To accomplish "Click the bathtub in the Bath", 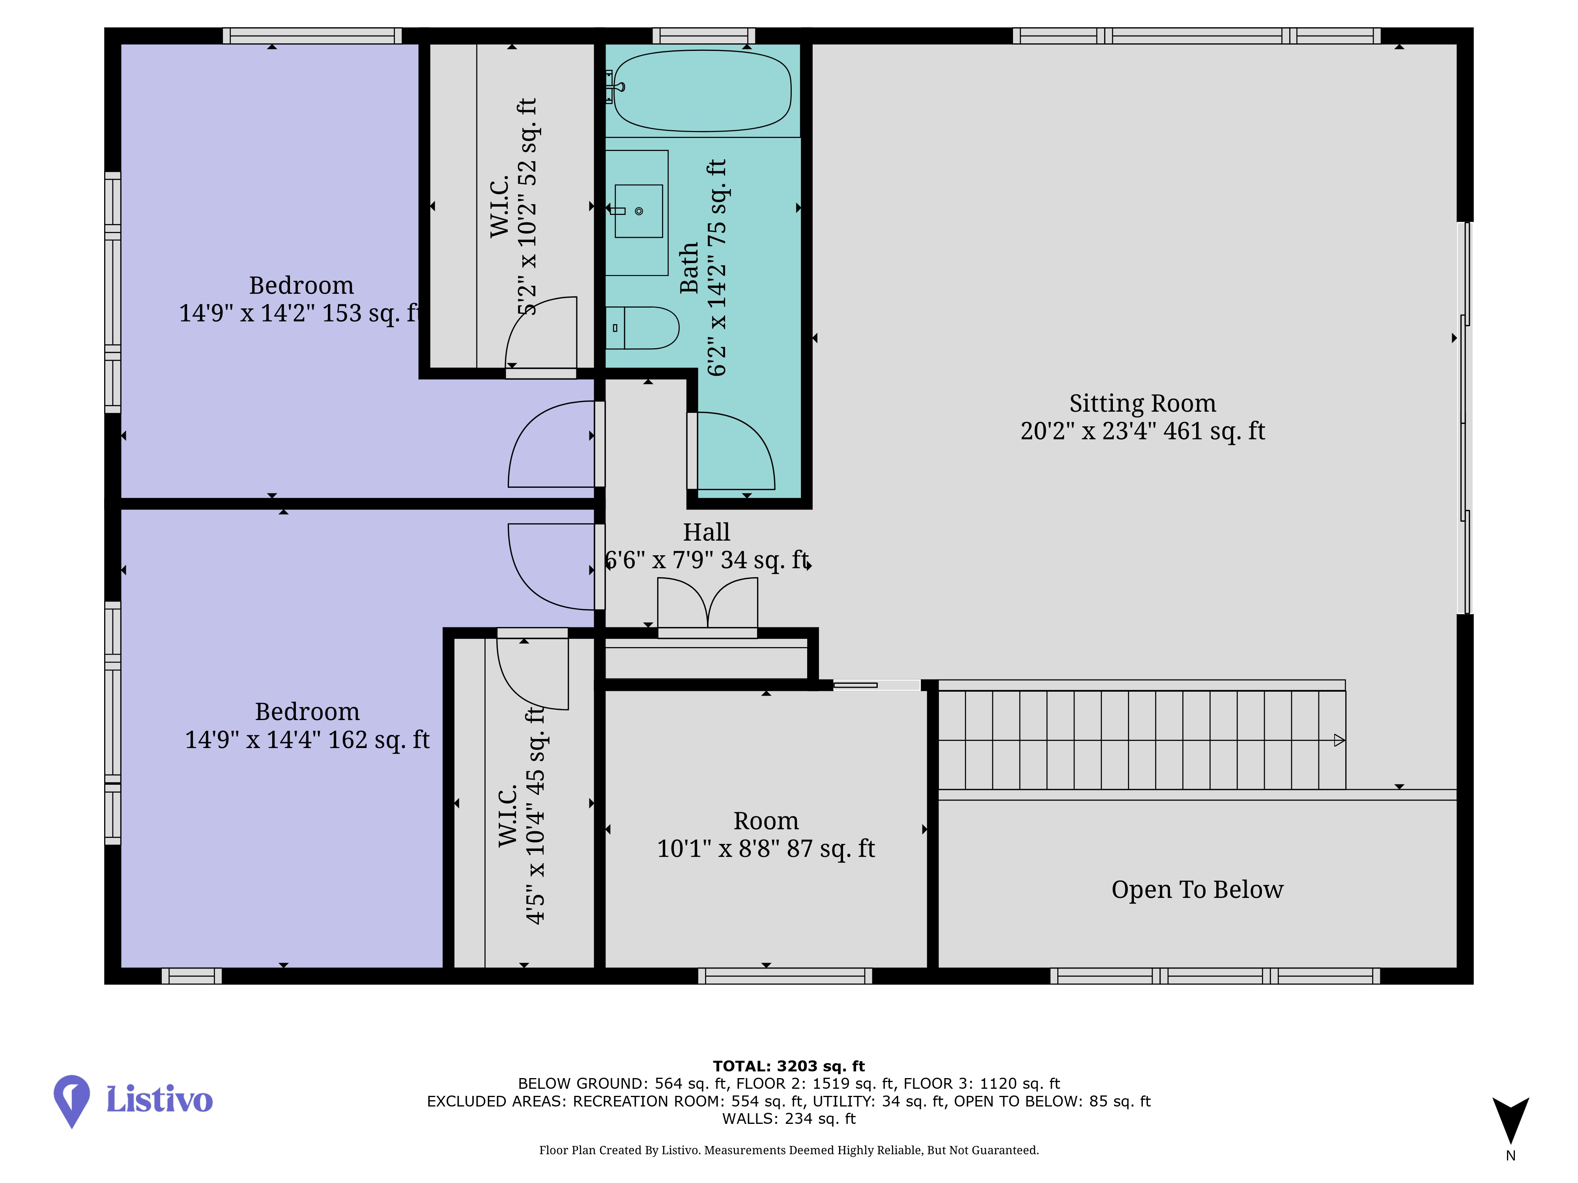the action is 702,91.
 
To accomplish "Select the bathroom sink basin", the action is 638,211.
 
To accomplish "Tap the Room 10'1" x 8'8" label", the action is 765,835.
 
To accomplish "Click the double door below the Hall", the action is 707,606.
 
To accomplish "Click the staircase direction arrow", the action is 1339,740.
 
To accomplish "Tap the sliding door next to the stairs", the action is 877,685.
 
